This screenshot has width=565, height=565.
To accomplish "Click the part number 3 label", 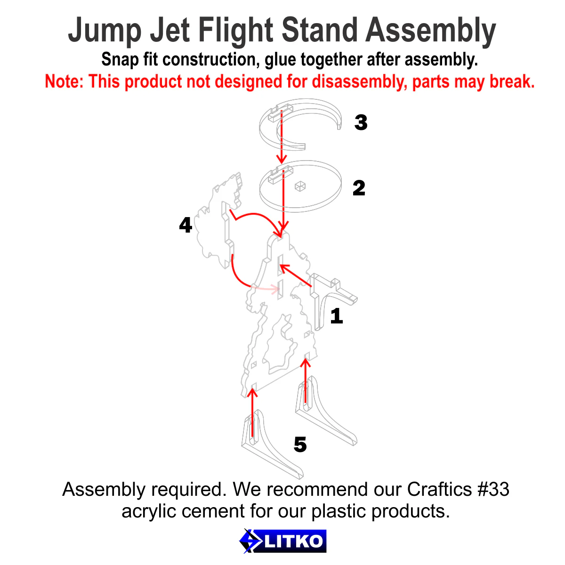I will pyautogui.click(x=361, y=122).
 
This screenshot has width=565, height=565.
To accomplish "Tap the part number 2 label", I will pyautogui.click(x=359, y=188).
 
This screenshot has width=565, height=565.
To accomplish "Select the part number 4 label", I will pyautogui.click(x=186, y=225).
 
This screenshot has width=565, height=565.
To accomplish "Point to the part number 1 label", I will pyautogui.click(x=336, y=316).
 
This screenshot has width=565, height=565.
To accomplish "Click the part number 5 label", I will pyautogui.click(x=300, y=444).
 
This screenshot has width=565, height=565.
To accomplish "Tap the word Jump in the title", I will pyautogui.click(x=105, y=31).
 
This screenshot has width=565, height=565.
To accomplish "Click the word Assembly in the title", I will pyautogui.click(x=431, y=31).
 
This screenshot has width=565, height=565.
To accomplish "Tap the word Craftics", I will pyautogui.click(x=439, y=489).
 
